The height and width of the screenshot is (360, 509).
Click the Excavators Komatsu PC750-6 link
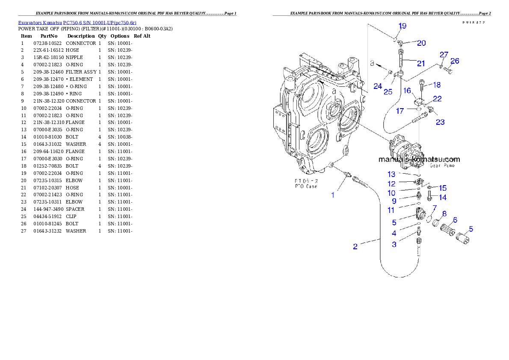tap(77, 23)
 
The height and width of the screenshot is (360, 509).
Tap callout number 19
tap(402, 26)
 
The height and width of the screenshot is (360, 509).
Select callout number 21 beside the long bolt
tap(421, 64)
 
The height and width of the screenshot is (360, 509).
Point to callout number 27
tap(444, 55)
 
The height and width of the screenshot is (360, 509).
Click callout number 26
tap(455, 61)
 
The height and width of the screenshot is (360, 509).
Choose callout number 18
tap(436, 85)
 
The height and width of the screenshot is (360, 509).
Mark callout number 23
tap(440, 122)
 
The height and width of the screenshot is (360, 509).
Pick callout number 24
tap(377, 86)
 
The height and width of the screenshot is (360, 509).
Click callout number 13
tap(392, 174)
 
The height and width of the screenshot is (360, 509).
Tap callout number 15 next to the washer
tap(442, 188)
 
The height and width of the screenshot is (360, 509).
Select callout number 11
tap(391, 210)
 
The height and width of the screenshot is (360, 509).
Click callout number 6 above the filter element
tap(455, 220)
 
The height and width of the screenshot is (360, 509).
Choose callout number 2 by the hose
tap(355, 247)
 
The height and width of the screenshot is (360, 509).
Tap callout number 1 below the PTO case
tap(333, 195)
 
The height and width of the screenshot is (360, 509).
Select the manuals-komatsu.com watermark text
tap(419, 159)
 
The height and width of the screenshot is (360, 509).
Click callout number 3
tap(394, 245)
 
